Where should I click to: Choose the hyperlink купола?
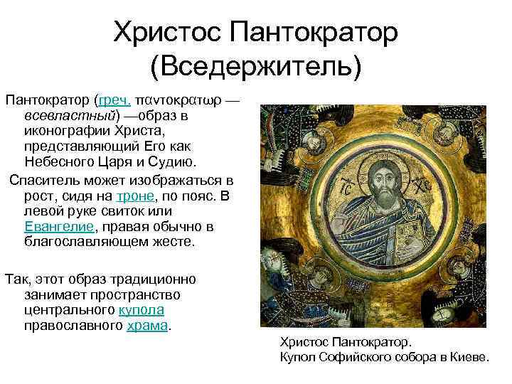(141, 310)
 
